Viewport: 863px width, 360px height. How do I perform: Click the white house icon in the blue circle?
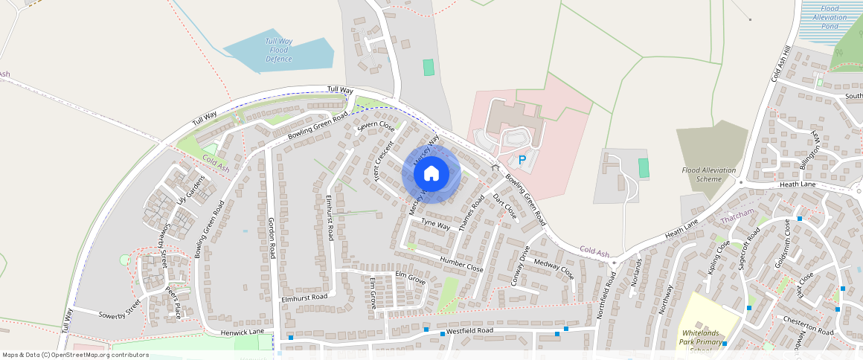pyautogui.click(x=431, y=174)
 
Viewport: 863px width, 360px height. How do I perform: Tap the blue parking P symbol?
pyautogui.click(x=522, y=160)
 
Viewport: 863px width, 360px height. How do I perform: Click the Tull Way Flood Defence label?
pyautogui.click(x=279, y=50)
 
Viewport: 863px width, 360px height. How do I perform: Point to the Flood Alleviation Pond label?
pyautogui.click(x=830, y=17)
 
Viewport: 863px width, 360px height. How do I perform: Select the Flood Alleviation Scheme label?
pyautogui.click(x=709, y=175)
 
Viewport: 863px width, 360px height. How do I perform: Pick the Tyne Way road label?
pyautogui.click(x=436, y=223)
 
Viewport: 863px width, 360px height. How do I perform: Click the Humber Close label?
pyautogui.click(x=461, y=263)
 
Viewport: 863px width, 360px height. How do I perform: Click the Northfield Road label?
pyautogui.click(x=606, y=295)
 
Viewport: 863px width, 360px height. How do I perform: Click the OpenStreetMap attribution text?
pyautogui.click(x=76, y=355)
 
